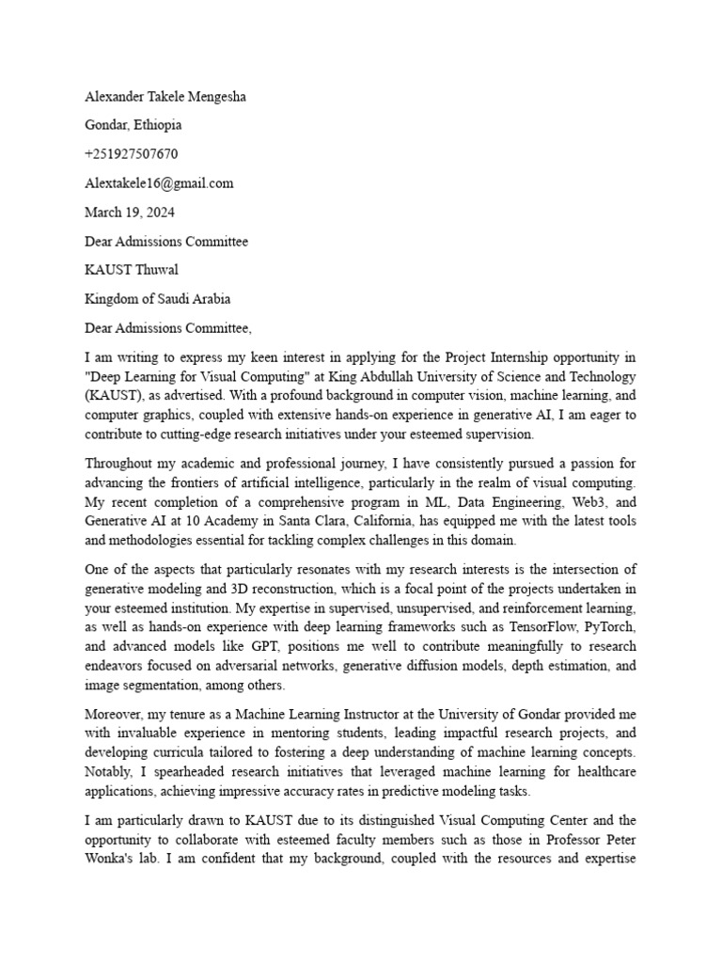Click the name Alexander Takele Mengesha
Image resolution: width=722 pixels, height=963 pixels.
click(166, 96)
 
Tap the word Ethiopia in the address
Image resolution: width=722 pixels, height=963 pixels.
click(158, 125)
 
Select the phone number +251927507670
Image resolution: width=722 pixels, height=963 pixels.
click(131, 154)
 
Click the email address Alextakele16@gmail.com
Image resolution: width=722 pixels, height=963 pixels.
click(159, 183)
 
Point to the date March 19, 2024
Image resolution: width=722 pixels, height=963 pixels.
click(129, 213)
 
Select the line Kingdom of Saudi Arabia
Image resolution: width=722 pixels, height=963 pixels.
click(157, 300)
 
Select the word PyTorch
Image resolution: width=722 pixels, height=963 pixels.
click(606, 628)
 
